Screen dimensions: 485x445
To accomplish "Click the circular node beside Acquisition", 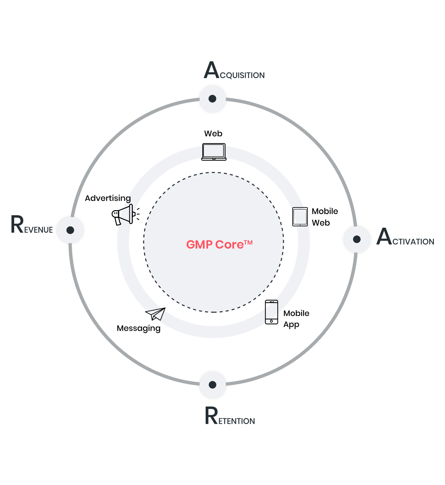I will [x=212, y=99].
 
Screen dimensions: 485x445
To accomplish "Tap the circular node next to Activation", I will [x=357, y=239].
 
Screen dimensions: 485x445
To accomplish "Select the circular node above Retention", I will [x=212, y=385].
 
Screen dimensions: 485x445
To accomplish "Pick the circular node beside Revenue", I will [x=70, y=230].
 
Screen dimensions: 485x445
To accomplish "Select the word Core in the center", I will [x=229, y=245].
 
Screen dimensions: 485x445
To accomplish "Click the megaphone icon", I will [x=125, y=215].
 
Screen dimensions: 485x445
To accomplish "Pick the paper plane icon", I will [x=156, y=314].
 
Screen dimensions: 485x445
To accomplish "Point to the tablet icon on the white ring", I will [x=300, y=217].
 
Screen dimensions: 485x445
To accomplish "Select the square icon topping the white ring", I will [x=214, y=152].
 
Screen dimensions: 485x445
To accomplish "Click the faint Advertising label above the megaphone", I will [x=108, y=198].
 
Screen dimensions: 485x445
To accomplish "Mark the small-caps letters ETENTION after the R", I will [x=237, y=421].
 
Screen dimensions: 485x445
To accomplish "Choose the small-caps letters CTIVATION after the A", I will [x=413, y=241].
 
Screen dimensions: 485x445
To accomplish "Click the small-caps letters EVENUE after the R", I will [x=39, y=230].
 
